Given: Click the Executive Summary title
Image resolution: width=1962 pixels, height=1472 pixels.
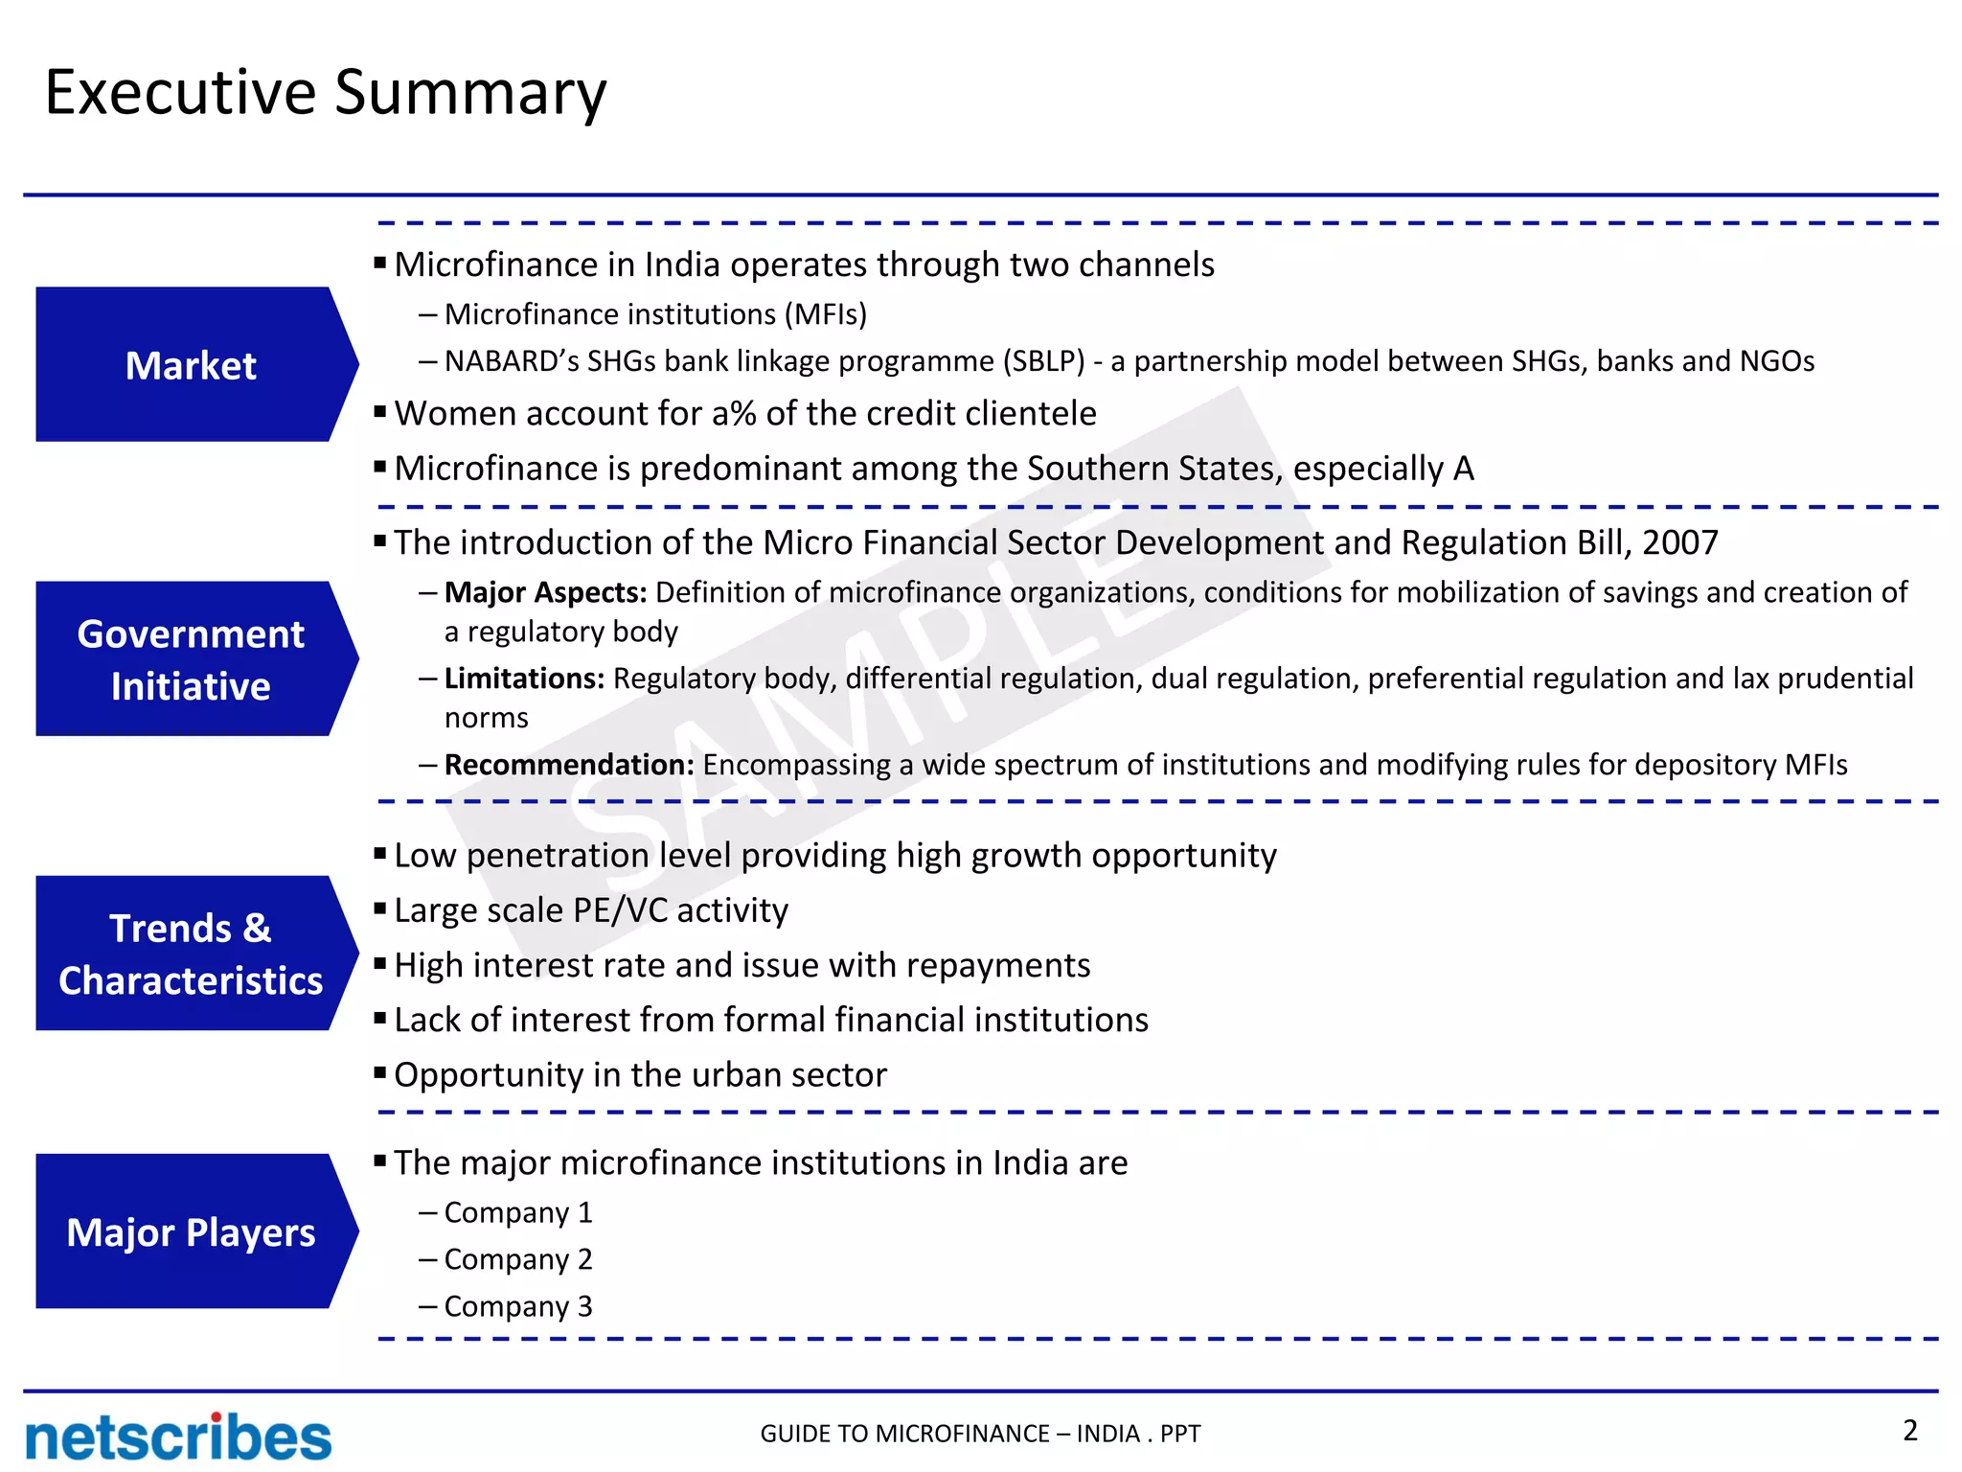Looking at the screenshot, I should tap(326, 93).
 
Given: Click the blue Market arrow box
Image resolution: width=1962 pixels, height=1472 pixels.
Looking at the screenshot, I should tap(192, 365).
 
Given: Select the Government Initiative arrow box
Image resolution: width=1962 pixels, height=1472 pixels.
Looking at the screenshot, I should tap(192, 659).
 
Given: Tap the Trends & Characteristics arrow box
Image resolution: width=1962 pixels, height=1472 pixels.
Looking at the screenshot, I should tap(192, 954).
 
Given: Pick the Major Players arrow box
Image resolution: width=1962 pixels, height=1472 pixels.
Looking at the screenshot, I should tap(192, 1231).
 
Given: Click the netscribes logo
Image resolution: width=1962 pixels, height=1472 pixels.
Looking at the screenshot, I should tap(178, 1437).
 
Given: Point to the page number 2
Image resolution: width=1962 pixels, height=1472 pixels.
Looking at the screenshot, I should tap(1909, 1430).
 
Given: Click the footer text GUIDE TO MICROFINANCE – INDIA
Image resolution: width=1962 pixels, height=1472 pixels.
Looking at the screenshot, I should tap(979, 1434).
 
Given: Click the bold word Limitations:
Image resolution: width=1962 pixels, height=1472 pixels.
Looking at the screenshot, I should tap(524, 678).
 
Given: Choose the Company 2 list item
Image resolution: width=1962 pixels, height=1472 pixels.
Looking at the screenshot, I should tap(518, 1259).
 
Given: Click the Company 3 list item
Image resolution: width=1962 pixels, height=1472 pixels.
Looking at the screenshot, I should tap(518, 1306).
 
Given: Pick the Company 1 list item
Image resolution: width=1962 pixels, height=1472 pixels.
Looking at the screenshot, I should tap(518, 1212).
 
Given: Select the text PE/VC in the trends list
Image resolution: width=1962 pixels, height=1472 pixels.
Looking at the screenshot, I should tap(620, 909).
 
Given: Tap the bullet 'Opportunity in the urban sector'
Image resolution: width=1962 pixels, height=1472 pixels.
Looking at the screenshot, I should tap(640, 1074).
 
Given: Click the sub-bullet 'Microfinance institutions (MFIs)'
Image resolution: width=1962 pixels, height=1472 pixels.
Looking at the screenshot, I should tap(655, 314).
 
